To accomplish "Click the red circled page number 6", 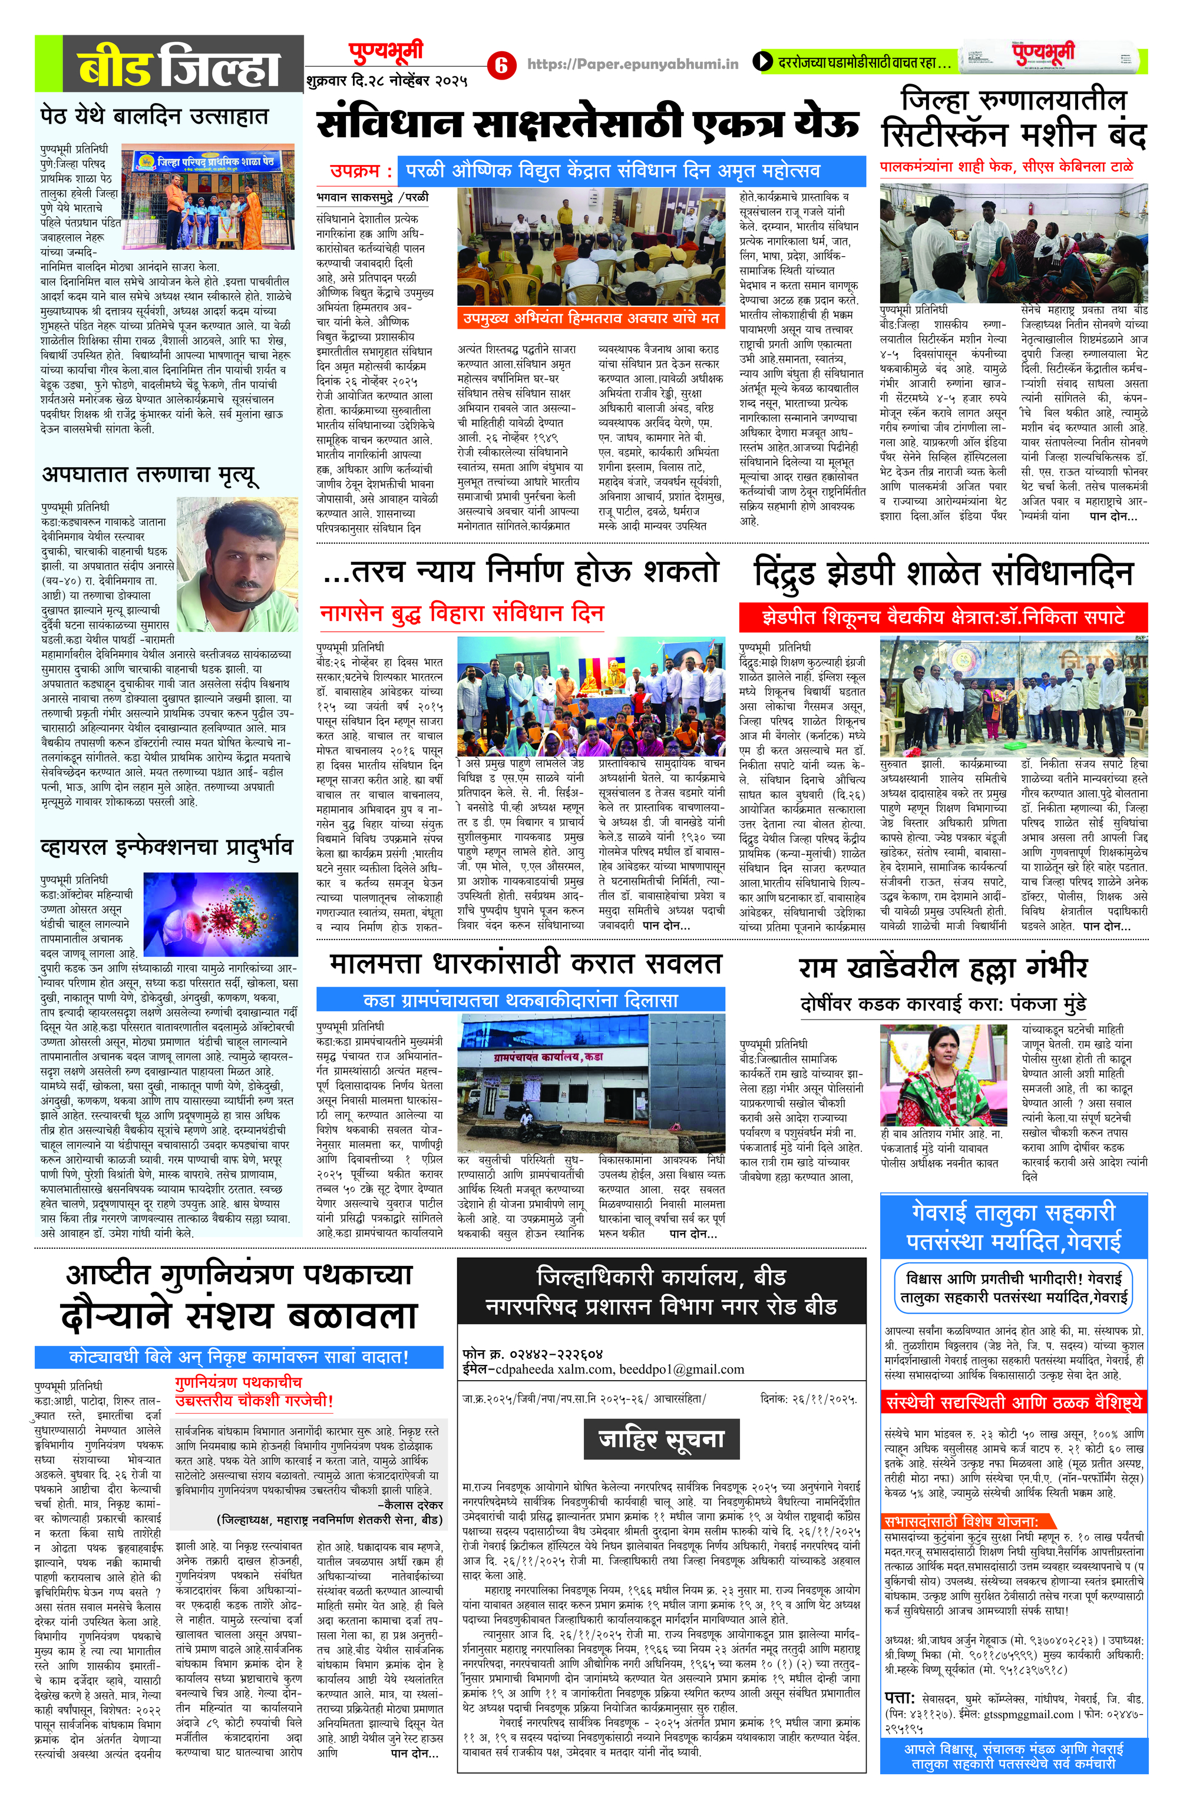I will [500, 65].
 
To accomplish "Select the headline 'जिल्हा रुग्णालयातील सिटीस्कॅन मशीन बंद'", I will [1013, 120].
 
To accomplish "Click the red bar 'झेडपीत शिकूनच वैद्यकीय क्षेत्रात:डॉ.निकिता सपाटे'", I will [943, 616].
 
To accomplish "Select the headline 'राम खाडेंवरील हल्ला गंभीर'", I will [943, 968].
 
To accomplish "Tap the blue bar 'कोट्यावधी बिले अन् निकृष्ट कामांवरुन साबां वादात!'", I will [239, 1356].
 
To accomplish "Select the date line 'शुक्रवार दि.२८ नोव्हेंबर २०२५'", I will [387, 80].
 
